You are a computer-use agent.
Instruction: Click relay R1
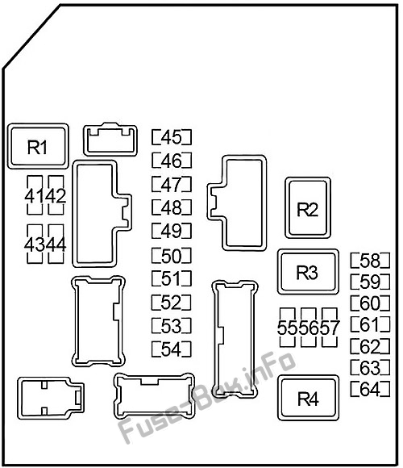pos(38,146)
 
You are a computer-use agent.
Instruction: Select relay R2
pos(308,207)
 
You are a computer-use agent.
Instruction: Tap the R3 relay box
pos(308,272)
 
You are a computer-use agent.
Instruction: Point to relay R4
pos(308,398)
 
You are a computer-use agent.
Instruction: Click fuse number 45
pos(172,137)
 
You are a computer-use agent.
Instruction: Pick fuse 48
pos(172,207)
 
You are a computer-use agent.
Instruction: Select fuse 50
pos(172,256)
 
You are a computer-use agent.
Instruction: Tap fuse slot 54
pos(172,349)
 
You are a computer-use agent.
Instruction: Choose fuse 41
pos(35,195)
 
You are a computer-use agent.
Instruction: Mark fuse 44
pos(56,244)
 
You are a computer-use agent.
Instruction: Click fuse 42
pos(56,195)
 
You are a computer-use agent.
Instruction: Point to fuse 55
pos(288,328)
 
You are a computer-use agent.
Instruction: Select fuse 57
pos(330,328)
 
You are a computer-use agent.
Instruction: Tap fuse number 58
pos(370,261)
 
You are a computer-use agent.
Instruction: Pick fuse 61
pos(370,324)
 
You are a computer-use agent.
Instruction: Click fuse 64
pos(370,389)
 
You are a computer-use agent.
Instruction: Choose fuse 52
pos(172,303)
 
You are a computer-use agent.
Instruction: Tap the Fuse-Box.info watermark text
pos(207,397)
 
